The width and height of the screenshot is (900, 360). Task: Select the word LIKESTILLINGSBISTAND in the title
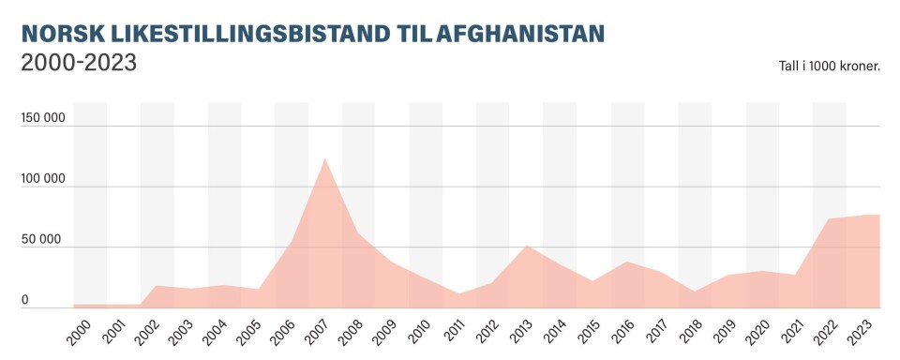tap(232, 34)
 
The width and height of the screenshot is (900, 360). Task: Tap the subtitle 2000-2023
tap(79, 64)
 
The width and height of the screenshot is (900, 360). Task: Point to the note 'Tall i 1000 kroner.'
tap(824, 67)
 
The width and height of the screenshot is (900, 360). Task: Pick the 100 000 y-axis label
tap(43, 179)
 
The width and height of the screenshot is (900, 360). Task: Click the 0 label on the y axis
tap(25, 300)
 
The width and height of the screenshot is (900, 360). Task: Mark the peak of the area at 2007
tap(324, 158)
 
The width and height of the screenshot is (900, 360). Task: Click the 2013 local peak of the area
tap(526, 246)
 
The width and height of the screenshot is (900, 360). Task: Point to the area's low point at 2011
tap(458, 294)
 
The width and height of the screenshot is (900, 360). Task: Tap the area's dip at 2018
tap(694, 292)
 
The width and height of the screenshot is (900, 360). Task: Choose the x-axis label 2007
tap(316, 331)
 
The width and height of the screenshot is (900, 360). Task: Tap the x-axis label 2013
tap(517, 331)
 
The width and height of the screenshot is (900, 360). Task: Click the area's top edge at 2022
tap(829, 219)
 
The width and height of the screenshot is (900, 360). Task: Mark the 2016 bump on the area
tap(626, 262)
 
